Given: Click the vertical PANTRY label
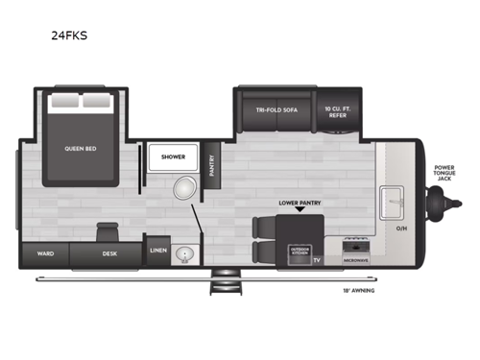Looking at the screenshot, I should coord(214,166).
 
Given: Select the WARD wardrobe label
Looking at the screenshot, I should coord(44,254).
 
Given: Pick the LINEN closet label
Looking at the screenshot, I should coord(158,252).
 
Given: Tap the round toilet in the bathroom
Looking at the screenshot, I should coord(183,188).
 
